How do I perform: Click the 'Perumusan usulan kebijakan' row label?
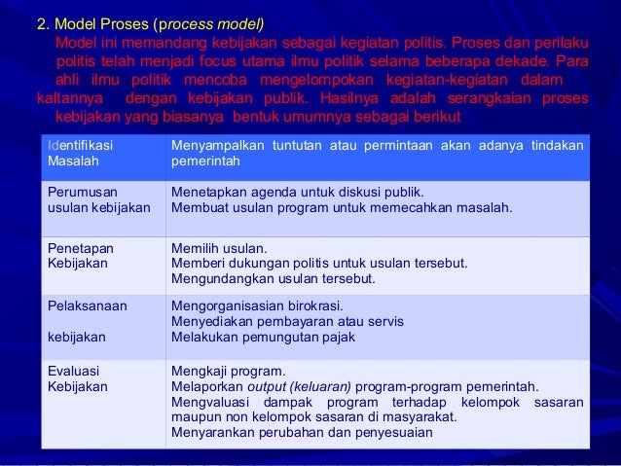98,199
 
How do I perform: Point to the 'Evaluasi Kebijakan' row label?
78,378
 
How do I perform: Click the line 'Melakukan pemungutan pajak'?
263,338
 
